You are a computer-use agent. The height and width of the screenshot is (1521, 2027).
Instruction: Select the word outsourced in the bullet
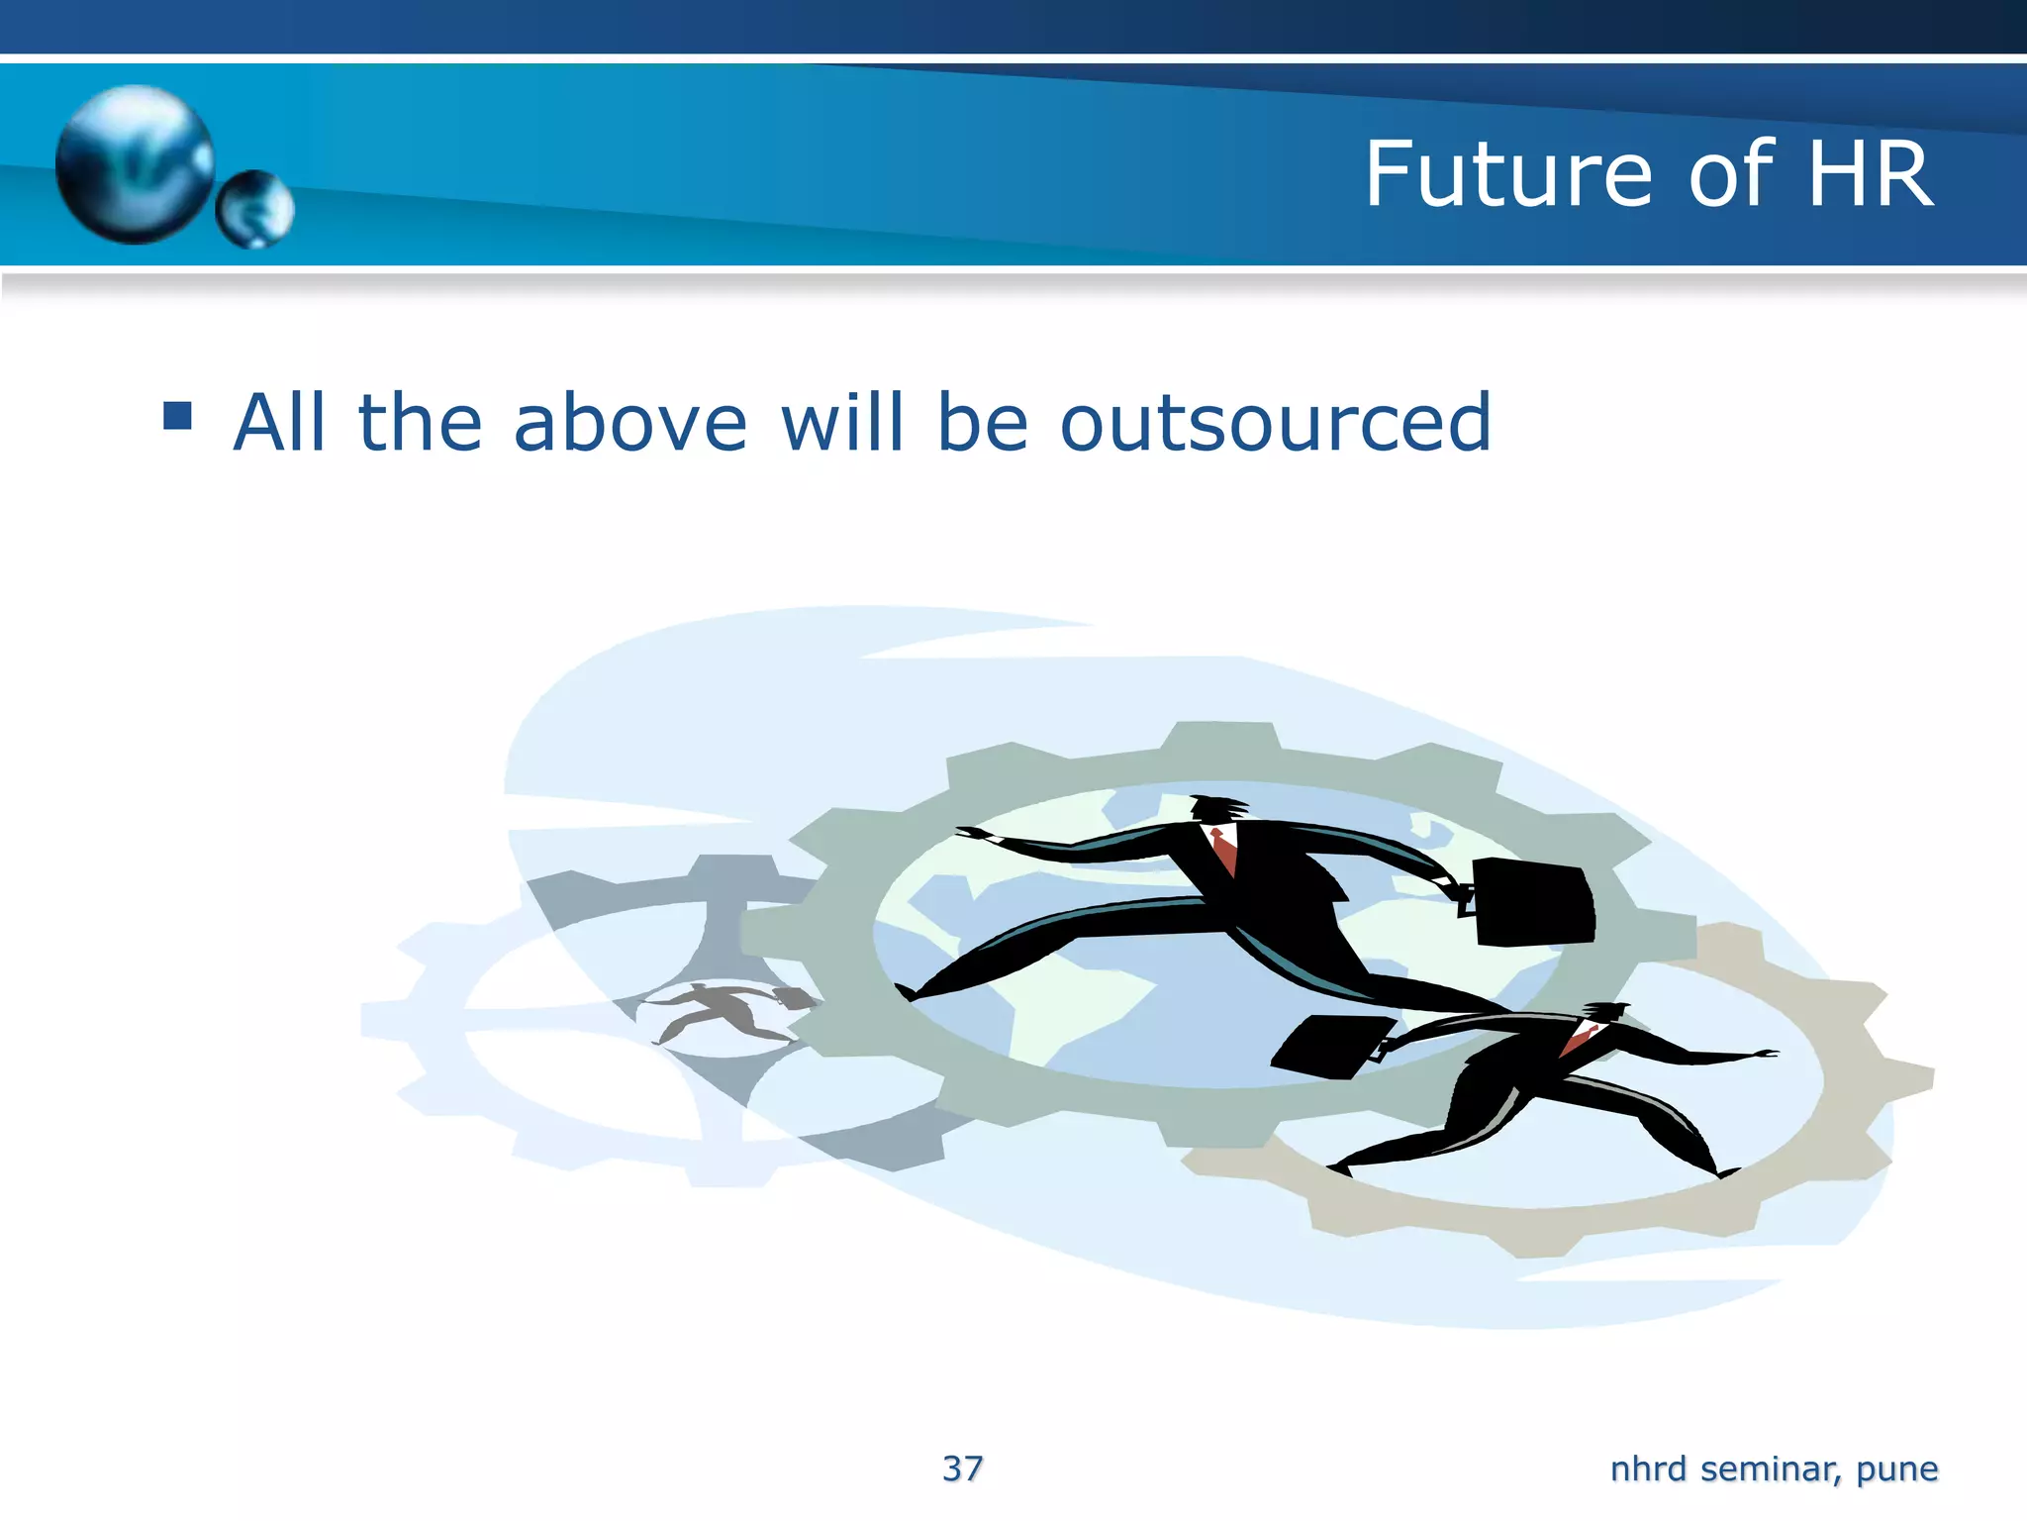1275,423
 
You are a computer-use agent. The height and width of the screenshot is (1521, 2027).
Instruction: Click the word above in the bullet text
630,423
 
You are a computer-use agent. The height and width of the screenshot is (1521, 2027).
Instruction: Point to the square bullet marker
178,415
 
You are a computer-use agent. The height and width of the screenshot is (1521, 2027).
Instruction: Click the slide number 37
962,1469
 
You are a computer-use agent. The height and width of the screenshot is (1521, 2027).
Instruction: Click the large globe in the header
135,163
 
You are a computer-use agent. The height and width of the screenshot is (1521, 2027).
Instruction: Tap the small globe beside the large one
255,208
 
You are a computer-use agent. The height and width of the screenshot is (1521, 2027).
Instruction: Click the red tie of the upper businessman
1225,850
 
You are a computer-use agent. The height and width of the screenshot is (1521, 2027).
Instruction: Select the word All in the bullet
279,423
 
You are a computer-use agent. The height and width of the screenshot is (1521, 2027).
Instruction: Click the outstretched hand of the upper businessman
975,835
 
